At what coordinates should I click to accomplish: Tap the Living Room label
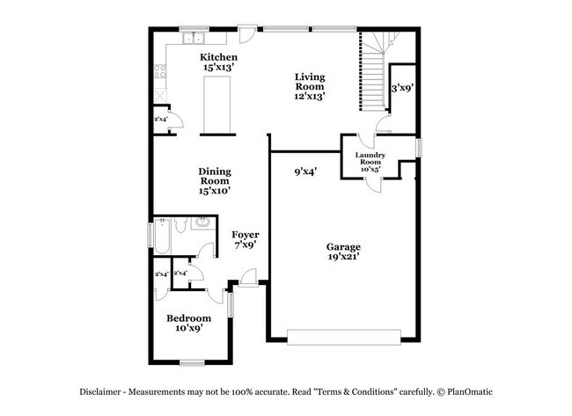coord(309,86)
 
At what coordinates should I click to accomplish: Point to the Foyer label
coord(245,240)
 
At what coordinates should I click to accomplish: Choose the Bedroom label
coord(189,323)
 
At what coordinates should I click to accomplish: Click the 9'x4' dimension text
coord(305,172)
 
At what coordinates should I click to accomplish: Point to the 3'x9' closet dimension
coord(402,88)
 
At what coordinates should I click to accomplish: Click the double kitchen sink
coord(192,39)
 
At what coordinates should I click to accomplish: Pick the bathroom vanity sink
coord(200,222)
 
